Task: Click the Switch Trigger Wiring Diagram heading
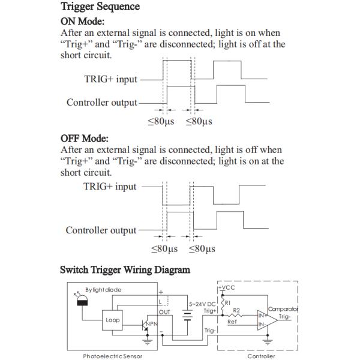tap(125, 270)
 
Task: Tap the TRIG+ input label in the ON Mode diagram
tap(110, 79)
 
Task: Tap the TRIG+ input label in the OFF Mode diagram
tap(110, 187)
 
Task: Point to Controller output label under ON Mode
tap(102, 103)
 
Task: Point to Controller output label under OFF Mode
tap(101, 230)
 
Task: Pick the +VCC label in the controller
tap(228, 289)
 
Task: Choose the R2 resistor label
tap(238, 311)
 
